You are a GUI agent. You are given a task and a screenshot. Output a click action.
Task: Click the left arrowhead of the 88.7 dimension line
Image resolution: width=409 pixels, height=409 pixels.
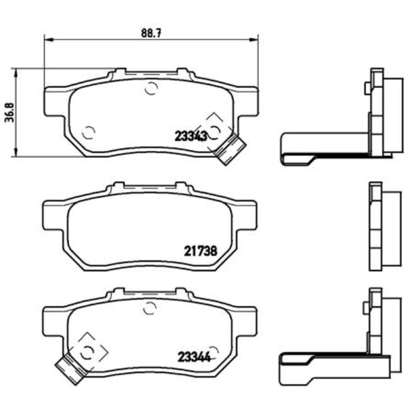(x=47, y=39)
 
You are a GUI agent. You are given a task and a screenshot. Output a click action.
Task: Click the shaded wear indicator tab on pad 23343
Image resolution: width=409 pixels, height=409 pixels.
(x=229, y=148)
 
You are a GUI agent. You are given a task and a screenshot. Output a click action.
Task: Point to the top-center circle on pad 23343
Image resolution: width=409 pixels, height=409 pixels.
(x=150, y=88)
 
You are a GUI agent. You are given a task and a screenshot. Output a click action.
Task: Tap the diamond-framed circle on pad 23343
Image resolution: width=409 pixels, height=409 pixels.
(x=215, y=130)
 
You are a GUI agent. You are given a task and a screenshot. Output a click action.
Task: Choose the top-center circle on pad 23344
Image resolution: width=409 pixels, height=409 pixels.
(x=150, y=308)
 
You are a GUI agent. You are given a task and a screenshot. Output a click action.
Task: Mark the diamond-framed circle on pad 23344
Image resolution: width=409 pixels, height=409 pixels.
(x=88, y=350)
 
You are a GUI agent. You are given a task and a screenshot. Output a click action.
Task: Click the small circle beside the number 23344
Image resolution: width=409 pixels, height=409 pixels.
(x=214, y=350)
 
